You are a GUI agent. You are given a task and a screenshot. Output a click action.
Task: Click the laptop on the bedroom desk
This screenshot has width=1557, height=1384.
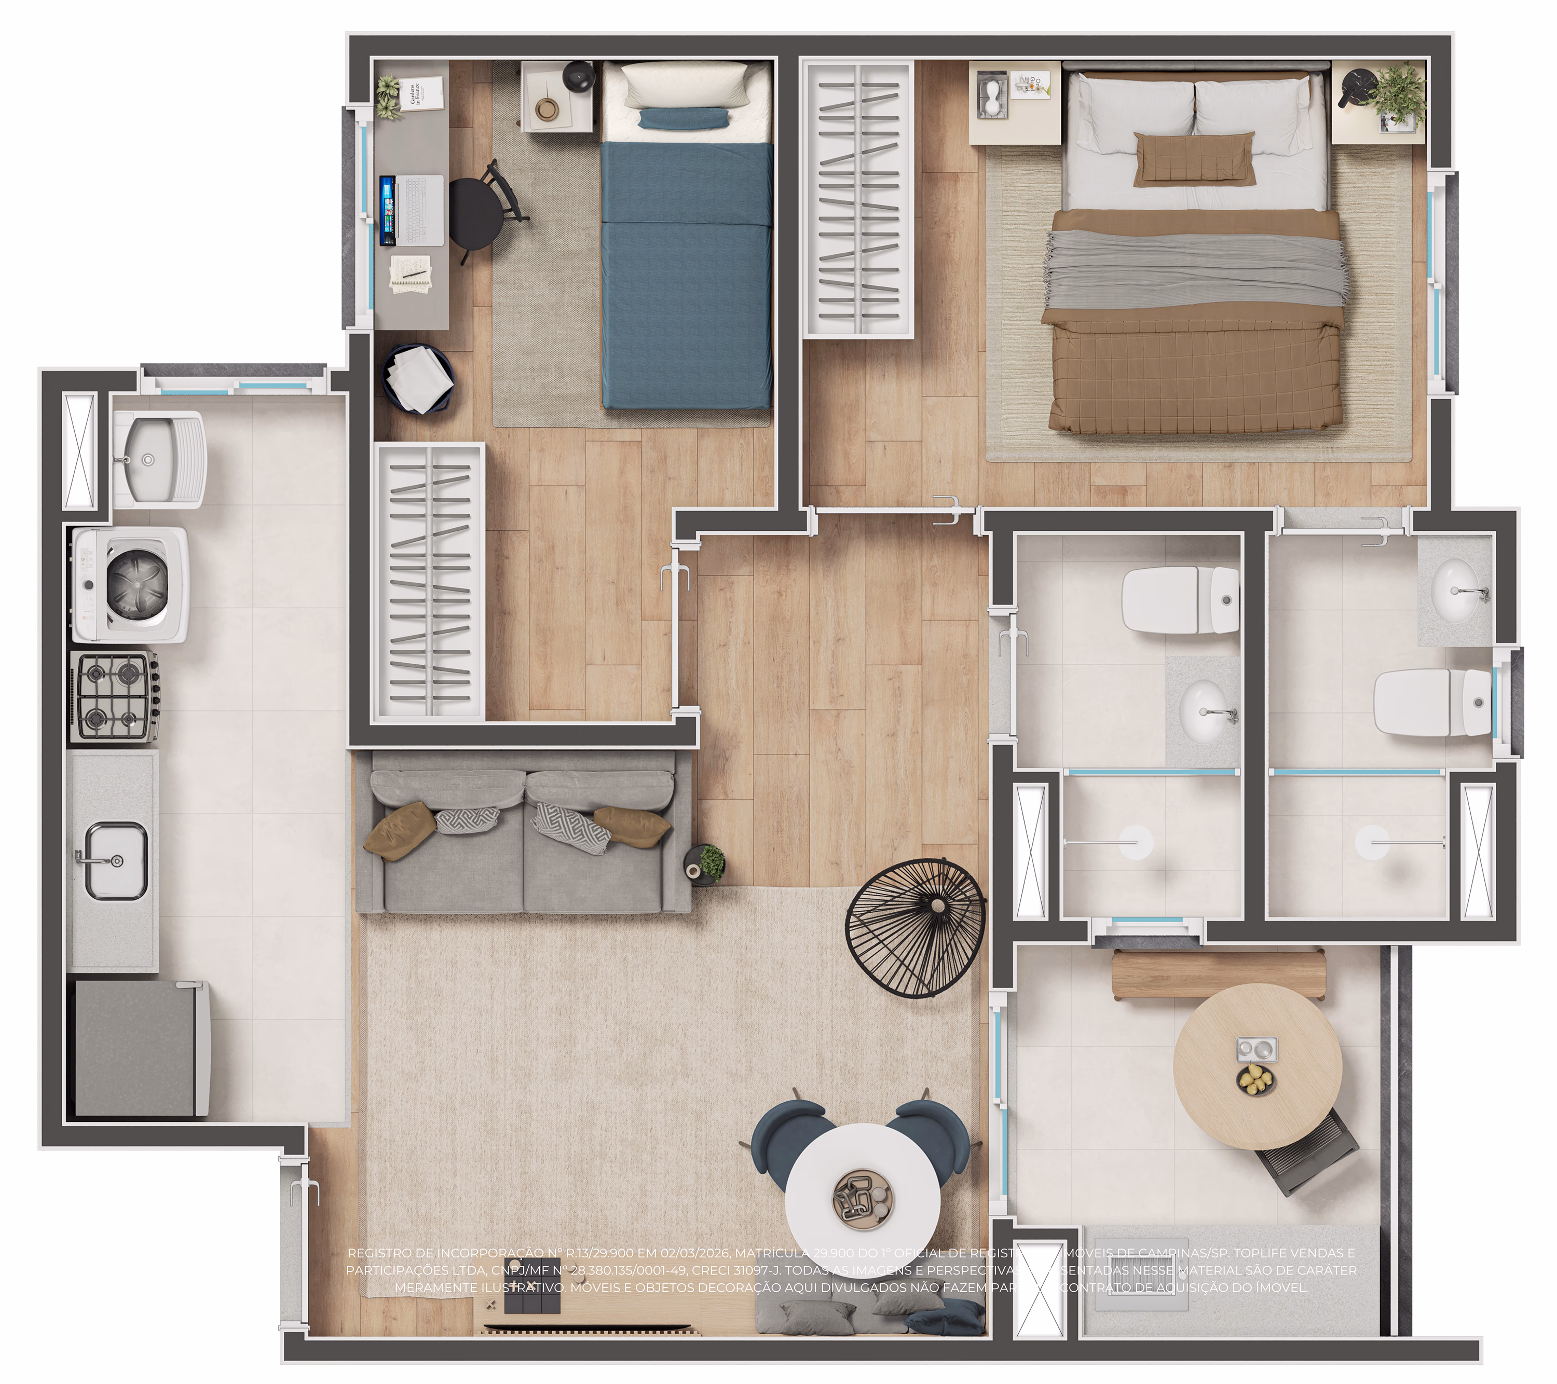(412, 211)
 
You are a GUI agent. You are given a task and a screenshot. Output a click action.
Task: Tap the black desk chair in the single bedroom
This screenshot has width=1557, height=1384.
(479, 213)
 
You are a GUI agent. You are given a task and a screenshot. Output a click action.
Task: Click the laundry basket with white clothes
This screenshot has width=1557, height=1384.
(418, 378)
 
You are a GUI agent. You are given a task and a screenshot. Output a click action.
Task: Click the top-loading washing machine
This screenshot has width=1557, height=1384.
(131, 585)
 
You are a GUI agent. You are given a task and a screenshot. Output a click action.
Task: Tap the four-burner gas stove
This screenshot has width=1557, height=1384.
(114, 695)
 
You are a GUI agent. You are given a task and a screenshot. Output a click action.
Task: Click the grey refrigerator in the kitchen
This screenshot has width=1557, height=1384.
(142, 1049)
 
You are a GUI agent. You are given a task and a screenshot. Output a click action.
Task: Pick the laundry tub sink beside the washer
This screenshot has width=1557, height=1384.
(158, 459)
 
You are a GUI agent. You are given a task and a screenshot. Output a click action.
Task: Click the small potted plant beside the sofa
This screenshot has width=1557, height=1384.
(710, 862)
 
